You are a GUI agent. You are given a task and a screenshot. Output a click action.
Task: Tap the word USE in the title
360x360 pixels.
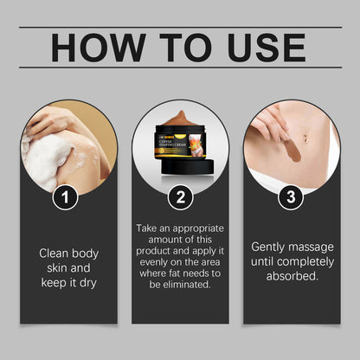click(x=259, y=48)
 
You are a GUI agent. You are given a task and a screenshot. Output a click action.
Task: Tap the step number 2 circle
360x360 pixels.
click(x=181, y=197)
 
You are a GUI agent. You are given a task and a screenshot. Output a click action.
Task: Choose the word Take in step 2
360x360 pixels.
click(x=149, y=228)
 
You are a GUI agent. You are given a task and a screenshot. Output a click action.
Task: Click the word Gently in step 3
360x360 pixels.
click(x=269, y=246)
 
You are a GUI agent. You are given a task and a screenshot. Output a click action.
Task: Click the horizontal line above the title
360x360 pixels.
click(x=180, y=28)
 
